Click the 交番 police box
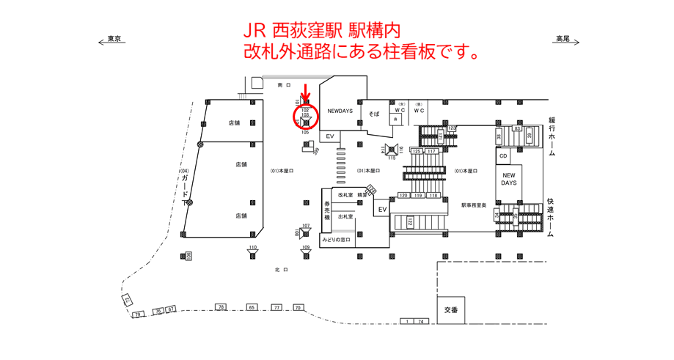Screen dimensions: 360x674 click(450, 310)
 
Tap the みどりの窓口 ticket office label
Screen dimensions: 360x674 click(336, 240)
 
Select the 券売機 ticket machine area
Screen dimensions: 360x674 click(327, 213)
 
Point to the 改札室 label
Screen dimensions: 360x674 click(346, 195)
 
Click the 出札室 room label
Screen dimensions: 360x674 click(346, 217)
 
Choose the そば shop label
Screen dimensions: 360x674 click(374, 115)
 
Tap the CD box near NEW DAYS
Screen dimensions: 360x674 click(503, 156)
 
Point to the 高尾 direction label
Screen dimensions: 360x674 click(563, 39)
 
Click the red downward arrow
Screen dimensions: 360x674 click(306, 93)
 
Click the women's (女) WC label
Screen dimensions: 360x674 click(400, 110)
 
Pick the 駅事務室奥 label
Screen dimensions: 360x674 click(475, 205)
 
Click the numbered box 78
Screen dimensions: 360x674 click(220, 306)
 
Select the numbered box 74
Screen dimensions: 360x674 click(421, 321)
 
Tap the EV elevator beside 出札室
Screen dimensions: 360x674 click(381, 210)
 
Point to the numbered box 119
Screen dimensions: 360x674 click(418, 195)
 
